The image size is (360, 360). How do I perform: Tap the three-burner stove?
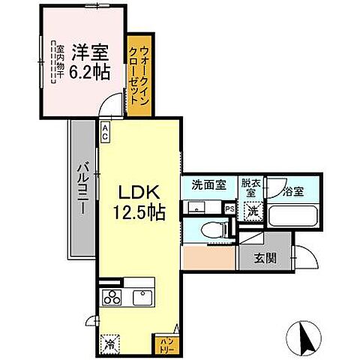click(112, 297)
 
